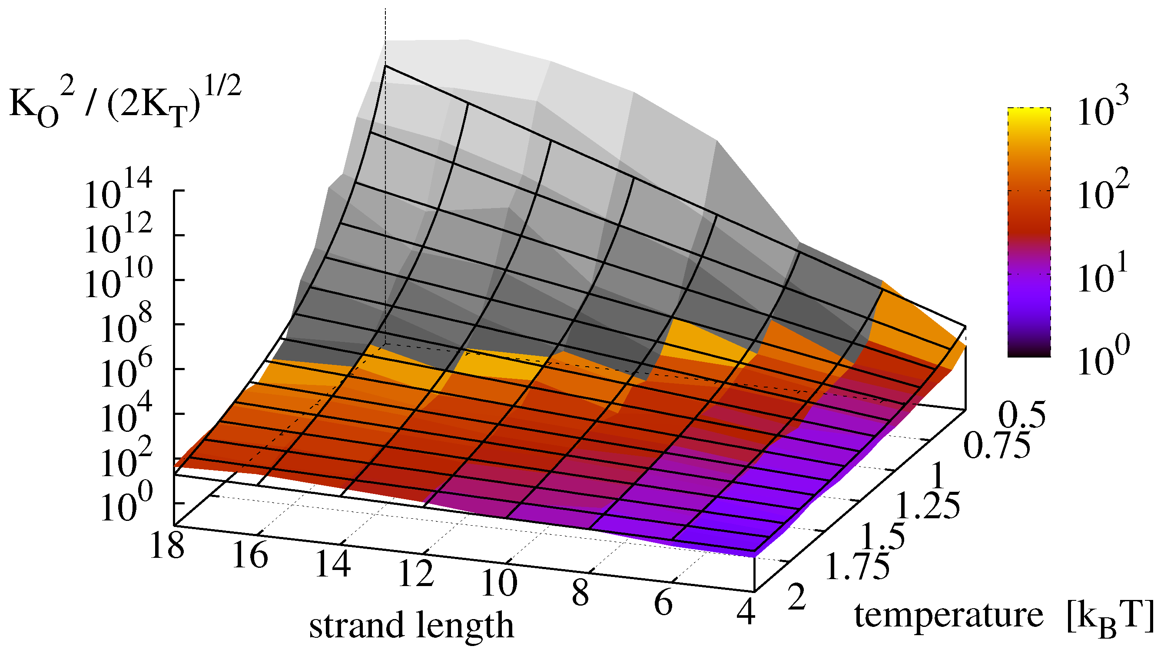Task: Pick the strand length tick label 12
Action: pyautogui.click(x=416, y=573)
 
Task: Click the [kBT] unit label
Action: pyautogui.click(x=1110, y=617)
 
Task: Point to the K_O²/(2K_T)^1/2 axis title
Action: pyautogui.click(x=125, y=103)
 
